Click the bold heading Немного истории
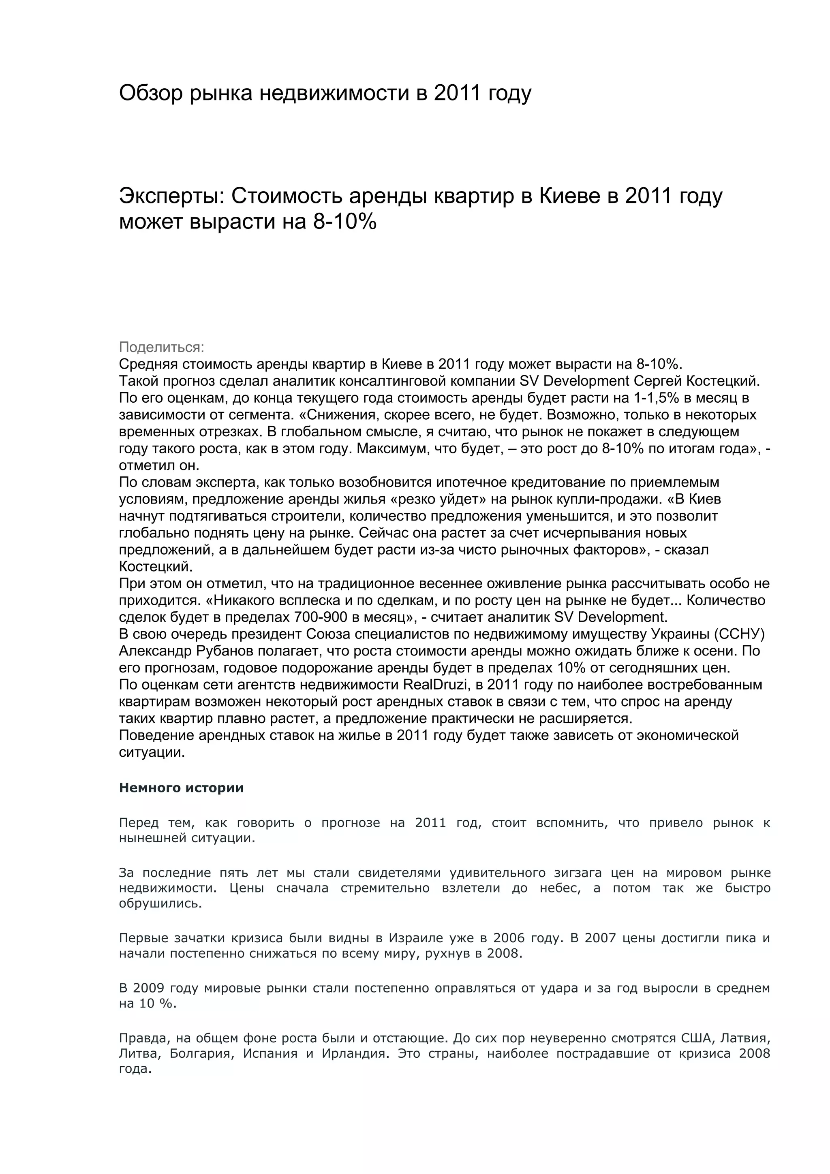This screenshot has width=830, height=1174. point(181,788)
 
